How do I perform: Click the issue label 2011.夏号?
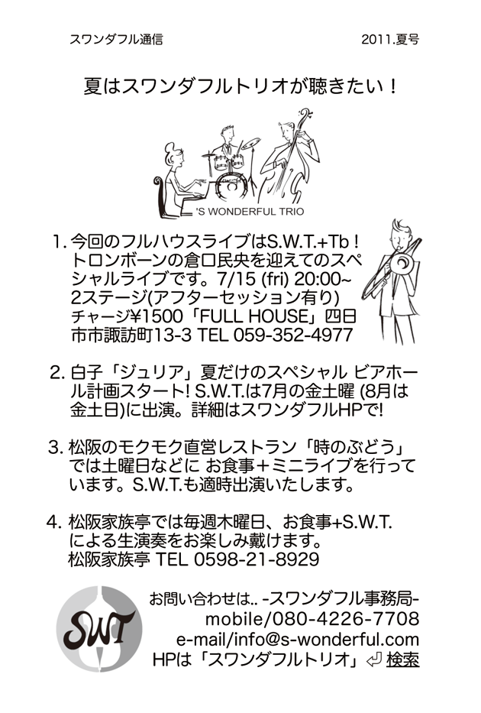pyautogui.click(x=389, y=40)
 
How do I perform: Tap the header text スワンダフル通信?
pyautogui.click(x=116, y=40)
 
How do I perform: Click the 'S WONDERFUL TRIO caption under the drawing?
pyautogui.click(x=250, y=212)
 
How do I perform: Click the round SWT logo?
pyautogui.click(x=99, y=630)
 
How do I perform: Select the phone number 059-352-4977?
pyautogui.click(x=293, y=335)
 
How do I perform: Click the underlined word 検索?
pyautogui.click(x=403, y=660)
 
